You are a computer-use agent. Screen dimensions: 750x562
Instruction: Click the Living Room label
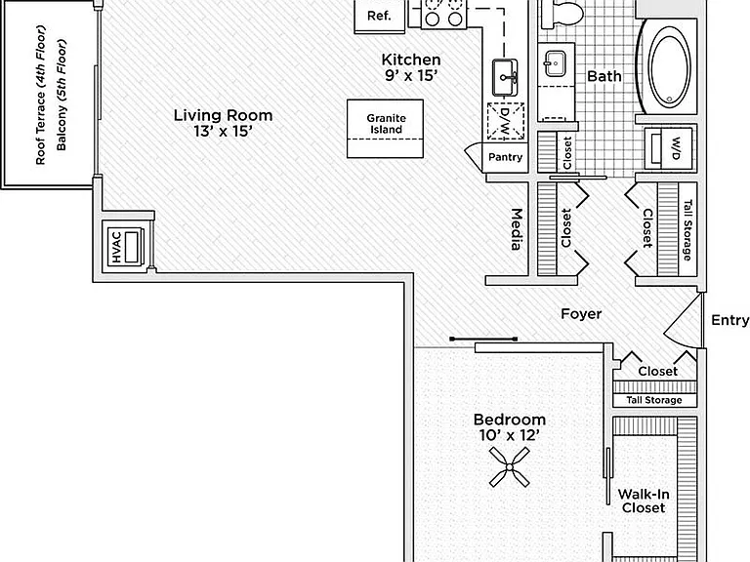pos(223,115)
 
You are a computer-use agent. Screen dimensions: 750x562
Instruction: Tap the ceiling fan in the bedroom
pos(510,467)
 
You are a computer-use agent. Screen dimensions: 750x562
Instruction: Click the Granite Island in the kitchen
pos(385,129)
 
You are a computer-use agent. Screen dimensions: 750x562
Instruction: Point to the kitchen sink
pos(505,77)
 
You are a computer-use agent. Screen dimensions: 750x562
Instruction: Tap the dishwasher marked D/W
pos(506,121)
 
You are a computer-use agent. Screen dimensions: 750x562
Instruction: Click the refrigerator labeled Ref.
pos(379,16)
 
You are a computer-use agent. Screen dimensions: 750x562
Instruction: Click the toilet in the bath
pos(562,12)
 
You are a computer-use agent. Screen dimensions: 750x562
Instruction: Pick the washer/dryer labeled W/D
pos(669,148)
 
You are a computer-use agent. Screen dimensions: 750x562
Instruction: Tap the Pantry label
pos(505,157)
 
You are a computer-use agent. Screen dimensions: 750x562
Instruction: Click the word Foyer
pos(581,314)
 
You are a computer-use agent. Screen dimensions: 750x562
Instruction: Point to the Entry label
pos(729,320)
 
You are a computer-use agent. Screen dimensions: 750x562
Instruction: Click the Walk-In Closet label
pos(644,501)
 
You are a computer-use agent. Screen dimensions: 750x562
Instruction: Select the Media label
pos(516,229)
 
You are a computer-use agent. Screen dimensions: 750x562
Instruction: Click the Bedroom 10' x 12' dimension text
pos(510,435)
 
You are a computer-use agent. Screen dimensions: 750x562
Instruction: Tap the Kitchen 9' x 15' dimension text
pos(411,75)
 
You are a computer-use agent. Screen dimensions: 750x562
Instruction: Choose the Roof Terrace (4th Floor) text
pos(41,95)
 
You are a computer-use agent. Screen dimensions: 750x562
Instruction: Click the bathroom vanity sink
pos(555,63)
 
